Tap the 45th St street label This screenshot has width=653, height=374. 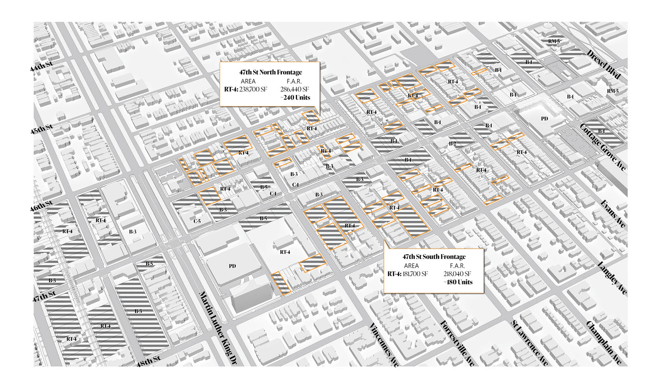pyautogui.click(x=41, y=129)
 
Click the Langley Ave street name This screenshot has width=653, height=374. pyautogui.click(x=612, y=278)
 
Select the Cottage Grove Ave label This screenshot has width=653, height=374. pyautogui.click(x=603, y=147)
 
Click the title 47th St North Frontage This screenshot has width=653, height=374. pyautogui.click(x=270, y=72)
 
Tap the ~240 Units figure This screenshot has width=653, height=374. pyautogui.click(x=295, y=97)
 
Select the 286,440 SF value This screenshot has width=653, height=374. pyautogui.click(x=294, y=89)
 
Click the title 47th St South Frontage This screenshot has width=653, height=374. pyautogui.click(x=434, y=257)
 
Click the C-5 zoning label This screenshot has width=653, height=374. pyautogui.click(x=197, y=221)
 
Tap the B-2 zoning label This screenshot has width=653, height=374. pyautogui.click(x=452, y=144)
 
